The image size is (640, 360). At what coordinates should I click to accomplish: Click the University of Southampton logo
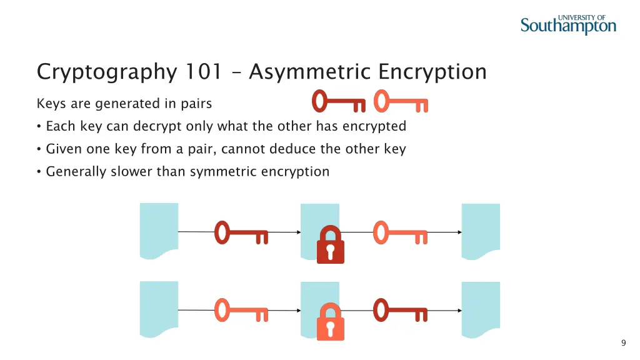(x=568, y=24)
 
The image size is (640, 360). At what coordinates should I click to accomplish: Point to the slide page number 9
(x=623, y=342)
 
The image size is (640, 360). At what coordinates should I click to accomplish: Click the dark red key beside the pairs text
(x=338, y=101)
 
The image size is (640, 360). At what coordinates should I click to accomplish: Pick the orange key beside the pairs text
(x=400, y=101)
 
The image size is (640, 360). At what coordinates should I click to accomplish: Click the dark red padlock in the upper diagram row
(x=330, y=245)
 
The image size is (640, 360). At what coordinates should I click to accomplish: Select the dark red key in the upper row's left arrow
(x=241, y=232)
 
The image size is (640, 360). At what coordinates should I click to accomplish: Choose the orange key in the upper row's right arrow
(x=400, y=232)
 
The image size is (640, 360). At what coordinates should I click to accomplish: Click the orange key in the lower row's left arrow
(x=241, y=310)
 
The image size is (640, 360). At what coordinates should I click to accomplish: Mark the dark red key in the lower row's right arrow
(x=400, y=310)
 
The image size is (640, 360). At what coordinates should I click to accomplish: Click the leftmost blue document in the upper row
(x=159, y=231)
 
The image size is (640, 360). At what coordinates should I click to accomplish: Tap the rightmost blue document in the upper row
(x=481, y=231)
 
